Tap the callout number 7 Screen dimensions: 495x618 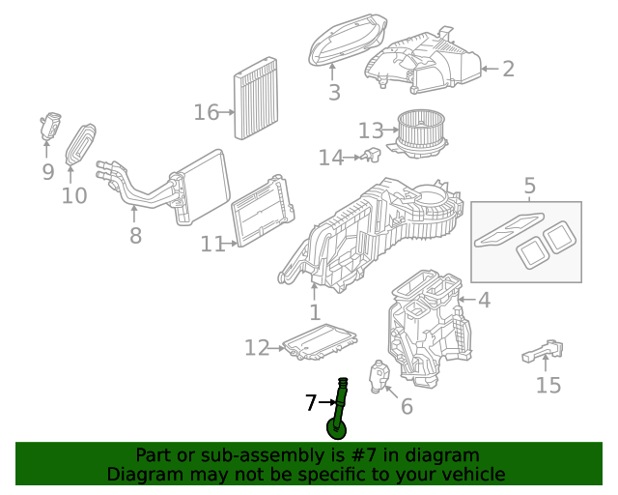click(x=311, y=403)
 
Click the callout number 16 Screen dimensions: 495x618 click(x=206, y=113)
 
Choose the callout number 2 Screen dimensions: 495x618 click(x=508, y=69)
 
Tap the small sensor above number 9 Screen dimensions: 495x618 click(x=49, y=126)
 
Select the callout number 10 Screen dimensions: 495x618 click(x=74, y=196)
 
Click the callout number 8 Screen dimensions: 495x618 click(x=135, y=235)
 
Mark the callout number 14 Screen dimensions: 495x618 click(x=330, y=158)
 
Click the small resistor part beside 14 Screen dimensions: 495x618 click(x=372, y=155)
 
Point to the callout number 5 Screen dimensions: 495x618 click(x=529, y=185)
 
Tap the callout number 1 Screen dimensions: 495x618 click(x=315, y=312)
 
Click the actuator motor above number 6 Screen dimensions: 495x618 click(x=379, y=373)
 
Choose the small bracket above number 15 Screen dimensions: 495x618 click(x=544, y=350)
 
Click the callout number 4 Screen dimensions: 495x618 click(x=484, y=301)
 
